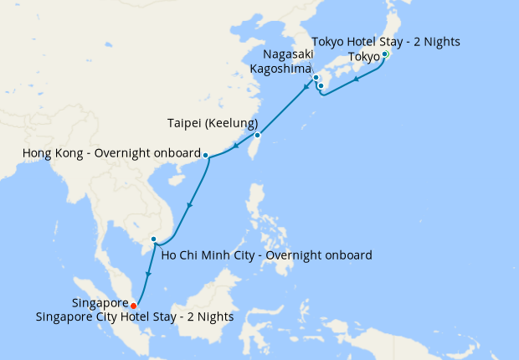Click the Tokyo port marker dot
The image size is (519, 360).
click(384, 54)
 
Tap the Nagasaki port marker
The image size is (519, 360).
click(316, 78)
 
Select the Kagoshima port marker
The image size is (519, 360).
click(321, 85)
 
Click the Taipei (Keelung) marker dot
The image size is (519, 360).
click(257, 135)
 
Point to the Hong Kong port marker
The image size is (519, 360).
click(206, 155)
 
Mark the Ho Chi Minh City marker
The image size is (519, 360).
click(153, 240)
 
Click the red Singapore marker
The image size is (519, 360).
click(134, 306)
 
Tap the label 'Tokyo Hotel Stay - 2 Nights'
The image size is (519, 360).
click(385, 42)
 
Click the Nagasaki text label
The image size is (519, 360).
click(282, 55)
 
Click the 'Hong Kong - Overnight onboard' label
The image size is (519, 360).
click(110, 154)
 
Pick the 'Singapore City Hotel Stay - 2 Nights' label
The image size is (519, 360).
click(135, 317)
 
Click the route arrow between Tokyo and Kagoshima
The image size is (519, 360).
click(357, 80)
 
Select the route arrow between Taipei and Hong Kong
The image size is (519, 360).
click(236, 147)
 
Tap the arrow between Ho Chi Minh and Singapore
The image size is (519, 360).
click(148, 273)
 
